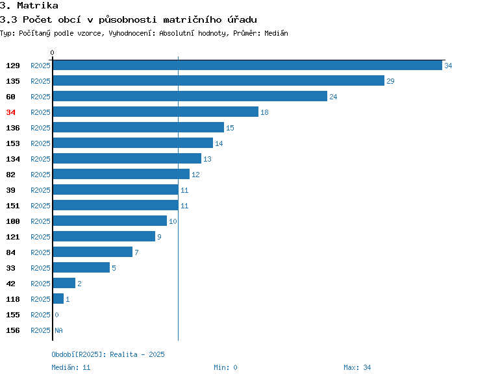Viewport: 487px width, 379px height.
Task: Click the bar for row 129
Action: (x=247, y=65)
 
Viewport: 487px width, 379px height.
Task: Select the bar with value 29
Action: (x=219, y=80)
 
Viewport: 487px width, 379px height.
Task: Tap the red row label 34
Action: (x=10, y=112)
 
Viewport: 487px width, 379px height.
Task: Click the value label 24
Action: (x=333, y=97)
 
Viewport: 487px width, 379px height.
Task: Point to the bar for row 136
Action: (x=138, y=127)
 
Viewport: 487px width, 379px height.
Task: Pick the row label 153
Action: (x=13, y=143)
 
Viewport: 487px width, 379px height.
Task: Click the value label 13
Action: (x=207, y=159)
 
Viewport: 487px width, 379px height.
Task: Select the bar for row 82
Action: (x=121, y=174)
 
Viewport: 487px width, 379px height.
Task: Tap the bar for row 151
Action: (x=116, y=205)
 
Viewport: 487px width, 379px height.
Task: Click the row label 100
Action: (x=13, y=221)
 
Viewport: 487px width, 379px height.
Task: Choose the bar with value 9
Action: (x=104, y=236)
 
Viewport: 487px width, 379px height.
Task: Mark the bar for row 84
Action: (x=93, y=252)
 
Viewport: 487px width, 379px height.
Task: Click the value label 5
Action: (x=114, y=268)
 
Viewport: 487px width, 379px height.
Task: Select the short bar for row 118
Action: (x=58, y=299)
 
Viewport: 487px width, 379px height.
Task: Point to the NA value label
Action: (x=58, y=330)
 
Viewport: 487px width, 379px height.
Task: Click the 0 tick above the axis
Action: (x=52, y=53)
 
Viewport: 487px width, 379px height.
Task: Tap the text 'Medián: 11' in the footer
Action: (x=71, y=367)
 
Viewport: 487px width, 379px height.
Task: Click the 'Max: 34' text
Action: (x=357, y=367)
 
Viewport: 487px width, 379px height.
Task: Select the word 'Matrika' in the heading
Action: (x=38, y=6)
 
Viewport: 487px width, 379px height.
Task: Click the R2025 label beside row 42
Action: (x=40, y=284)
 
